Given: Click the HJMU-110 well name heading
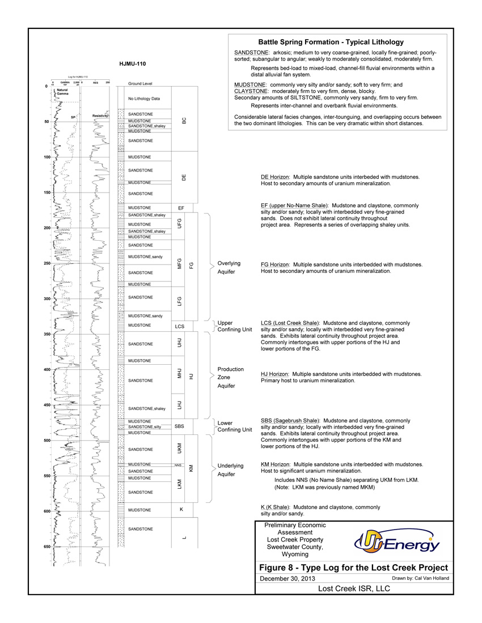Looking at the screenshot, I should pyautogui.click(x=133, y=63).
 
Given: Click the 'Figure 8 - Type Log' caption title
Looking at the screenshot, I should pyautogui.click(x=353, y=567).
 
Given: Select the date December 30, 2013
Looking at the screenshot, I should pyautogui.click(x=287, y=578).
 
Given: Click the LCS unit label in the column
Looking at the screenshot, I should pyautogui.click(x=181, y=327).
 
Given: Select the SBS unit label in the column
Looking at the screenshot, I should pyautogui.click(x=179, y=426).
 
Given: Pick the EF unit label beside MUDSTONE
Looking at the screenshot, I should pyautogui.click(x=181, y=208).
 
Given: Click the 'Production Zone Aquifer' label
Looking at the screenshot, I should pyautogui.click(x=231, y=377).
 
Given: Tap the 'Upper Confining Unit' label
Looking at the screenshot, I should pyautogui.click(x=235, y=326).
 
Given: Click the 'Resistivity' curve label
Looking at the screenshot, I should pyautogui.click(x=100, y=116).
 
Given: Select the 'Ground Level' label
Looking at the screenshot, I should pyautogui.click(x=140, y=83).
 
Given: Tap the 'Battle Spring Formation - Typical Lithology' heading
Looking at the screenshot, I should pyautogui.click(x=331, y=42).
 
